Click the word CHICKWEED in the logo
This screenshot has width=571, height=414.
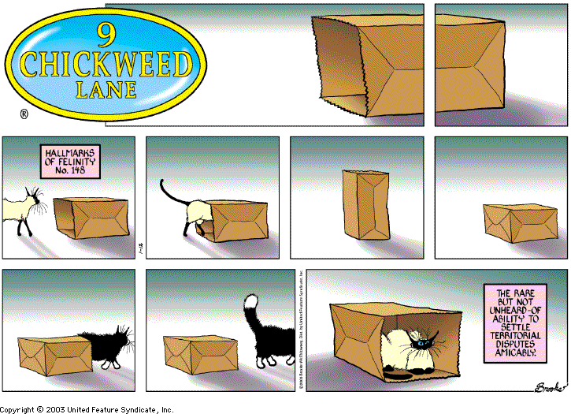(x=107, y=63)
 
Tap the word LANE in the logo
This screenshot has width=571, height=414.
(x=107, y=89)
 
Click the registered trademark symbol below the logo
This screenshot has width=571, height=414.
(x=24, y=114)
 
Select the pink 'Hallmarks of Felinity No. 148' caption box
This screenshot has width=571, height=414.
(x=69, y=160)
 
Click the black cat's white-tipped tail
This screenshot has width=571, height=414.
(x=251, y=306)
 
